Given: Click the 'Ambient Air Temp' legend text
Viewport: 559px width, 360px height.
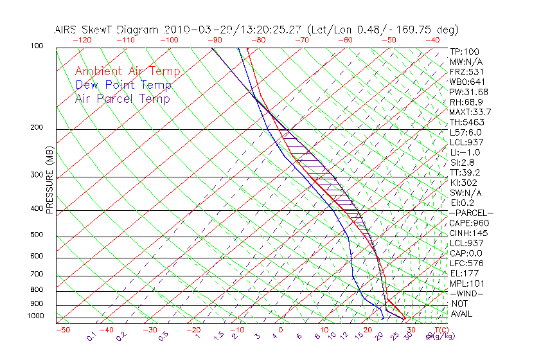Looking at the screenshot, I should [x=127, y=71].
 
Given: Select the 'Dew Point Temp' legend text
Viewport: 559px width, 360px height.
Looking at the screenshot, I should [x=123, y=85].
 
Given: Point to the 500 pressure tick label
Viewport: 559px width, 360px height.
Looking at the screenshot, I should [x=36, y=235].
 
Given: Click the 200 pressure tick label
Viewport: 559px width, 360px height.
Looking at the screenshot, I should [x=36, y=127].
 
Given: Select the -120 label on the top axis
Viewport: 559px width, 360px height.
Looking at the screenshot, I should [x=82, y=40].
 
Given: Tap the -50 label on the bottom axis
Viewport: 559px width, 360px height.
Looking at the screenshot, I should [x=62, y=330].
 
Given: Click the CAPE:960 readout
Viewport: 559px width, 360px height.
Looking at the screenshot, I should [x=469, y=223].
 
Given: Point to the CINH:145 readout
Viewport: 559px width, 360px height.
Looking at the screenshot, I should [x=469, y=233].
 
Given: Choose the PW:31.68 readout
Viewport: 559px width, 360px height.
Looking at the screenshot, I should [x=469, y=92].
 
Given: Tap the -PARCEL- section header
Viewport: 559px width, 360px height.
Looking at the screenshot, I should [x=471, y=213].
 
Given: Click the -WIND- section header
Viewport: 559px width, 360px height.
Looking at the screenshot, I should [x=467, y=293].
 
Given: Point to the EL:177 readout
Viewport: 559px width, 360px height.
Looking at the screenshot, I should [x=463, y=273].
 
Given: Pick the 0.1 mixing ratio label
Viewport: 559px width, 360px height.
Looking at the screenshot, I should [x=91, y=336].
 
